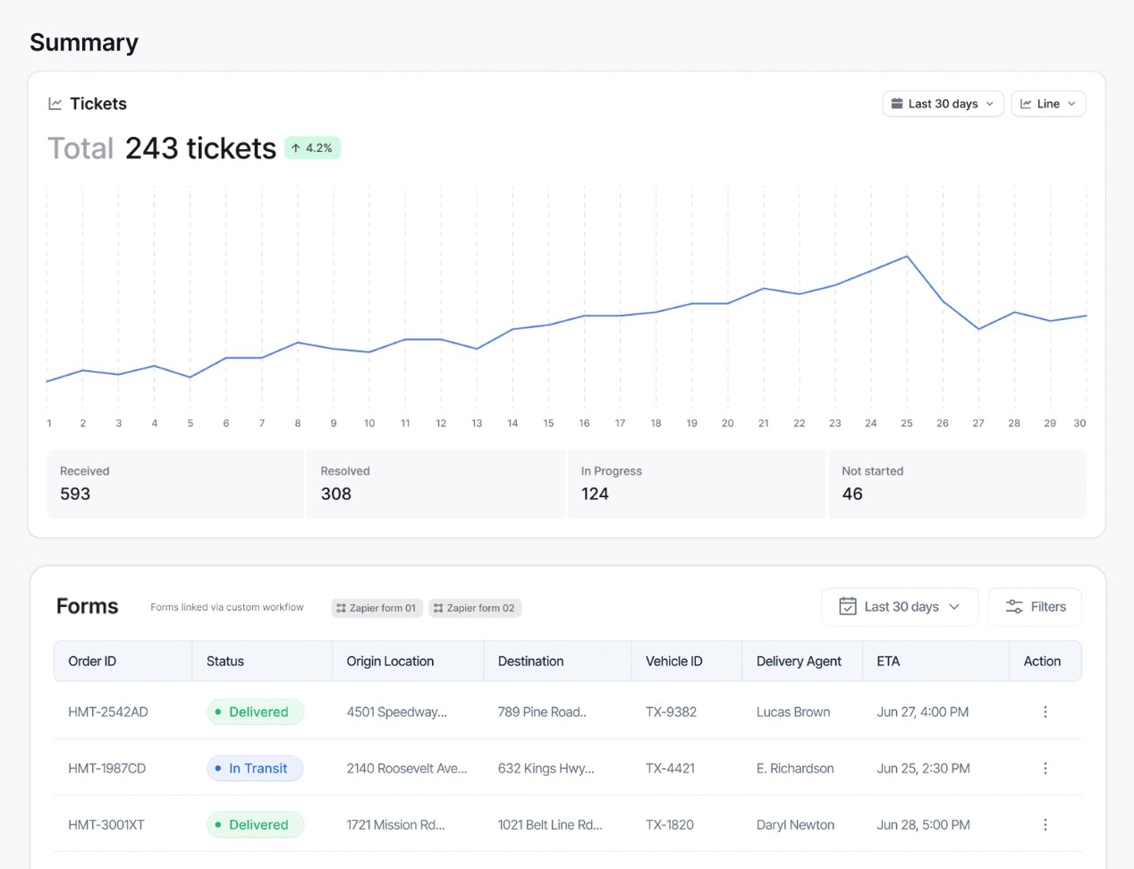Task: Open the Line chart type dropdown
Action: (1048, 104)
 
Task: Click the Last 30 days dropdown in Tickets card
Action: (943, 104)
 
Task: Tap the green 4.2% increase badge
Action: (313, 148)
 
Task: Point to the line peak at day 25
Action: (907, 257)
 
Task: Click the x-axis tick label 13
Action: (477, 424)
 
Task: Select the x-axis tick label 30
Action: (1079, 424)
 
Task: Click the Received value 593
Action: (75, 494)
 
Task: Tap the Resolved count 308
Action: (336, 494)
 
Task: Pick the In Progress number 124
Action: (595, 494)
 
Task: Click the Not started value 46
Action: (852, 494)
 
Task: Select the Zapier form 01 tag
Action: (377, 608)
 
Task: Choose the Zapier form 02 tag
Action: (475, 608)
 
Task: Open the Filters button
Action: (1036, 607)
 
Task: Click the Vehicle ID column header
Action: (674, 662)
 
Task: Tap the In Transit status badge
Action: (256, 769)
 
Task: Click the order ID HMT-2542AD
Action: (108, 713)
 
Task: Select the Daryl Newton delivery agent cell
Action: (795, 825)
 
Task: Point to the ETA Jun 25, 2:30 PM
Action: (923, 769)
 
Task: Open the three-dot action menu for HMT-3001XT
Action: (1045, 825)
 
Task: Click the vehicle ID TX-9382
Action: (671, 713)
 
